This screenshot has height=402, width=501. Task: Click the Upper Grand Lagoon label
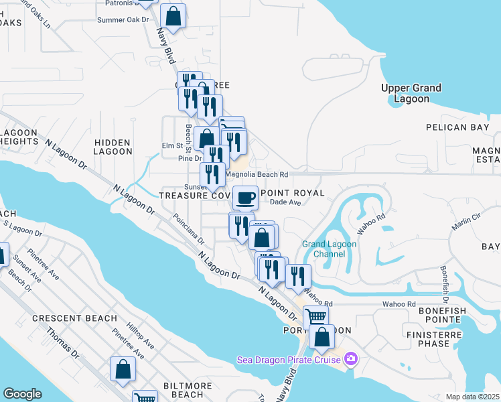411,93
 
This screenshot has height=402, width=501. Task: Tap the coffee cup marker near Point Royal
246,198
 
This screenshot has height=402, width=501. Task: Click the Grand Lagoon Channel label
330,249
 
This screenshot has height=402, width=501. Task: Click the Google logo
22,394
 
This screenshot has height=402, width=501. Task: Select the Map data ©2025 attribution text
472,397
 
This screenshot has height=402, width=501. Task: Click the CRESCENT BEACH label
74,318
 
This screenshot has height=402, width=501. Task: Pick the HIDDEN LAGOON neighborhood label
113,147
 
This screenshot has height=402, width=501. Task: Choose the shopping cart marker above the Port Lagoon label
315,317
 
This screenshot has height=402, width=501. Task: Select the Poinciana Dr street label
188,231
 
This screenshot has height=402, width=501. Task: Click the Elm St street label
172,145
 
